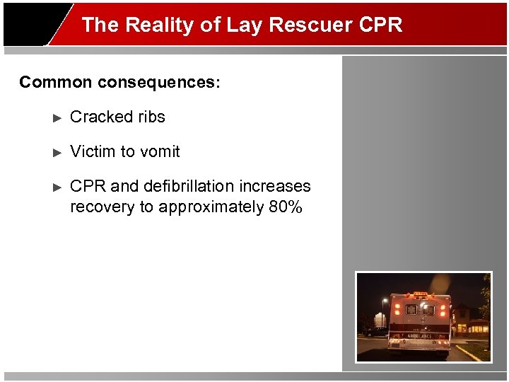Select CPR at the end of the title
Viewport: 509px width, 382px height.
tap(380, 25)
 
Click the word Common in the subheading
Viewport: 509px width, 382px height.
tap(56, 82)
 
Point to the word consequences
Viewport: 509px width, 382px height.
tap(159, 82)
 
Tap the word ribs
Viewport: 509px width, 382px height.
tap(150, 117)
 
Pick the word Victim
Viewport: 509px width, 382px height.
tap(93, 151)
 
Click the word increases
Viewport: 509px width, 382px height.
tap(279, 186)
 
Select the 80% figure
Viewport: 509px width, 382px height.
tap(286, 207)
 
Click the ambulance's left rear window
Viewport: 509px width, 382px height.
tap(411, 309)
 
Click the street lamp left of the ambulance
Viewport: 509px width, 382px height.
tap(384, 301)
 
